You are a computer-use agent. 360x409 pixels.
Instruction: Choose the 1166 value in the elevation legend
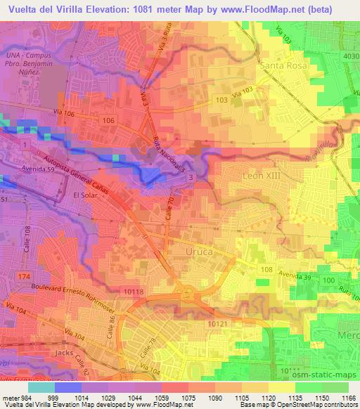(x=349, y=397)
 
